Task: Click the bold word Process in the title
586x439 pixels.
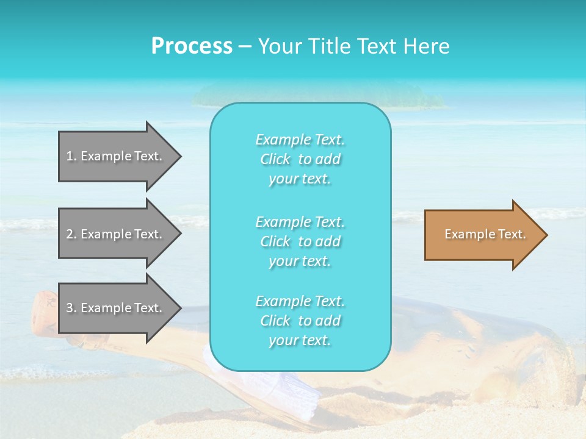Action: pyautogui.click(x=192, y=46)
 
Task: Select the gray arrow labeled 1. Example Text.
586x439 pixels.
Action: pyautogui.click(x=116, y=156)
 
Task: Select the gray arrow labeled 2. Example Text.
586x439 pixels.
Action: pyautogui.click(x=116, y=234)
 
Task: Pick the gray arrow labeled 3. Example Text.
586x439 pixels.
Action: pyautogui.click(x=116, y=308)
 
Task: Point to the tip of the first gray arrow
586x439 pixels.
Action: pyautogui.click(x=180, y=156)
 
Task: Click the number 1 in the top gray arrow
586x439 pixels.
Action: pyautogui.click(x=70, y=156)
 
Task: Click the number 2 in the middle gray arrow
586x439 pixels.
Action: pyautogui.click(x=70, y=234)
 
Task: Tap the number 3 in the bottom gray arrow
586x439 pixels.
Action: pyautogui.click(x=70, y=308)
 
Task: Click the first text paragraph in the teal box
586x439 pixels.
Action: pyautogui.click(x=300, y=159)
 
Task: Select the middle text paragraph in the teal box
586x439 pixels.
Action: pyautogui.click(x=300, y=241)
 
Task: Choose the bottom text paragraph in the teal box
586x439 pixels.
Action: pyautogui.click(x=300, y=321)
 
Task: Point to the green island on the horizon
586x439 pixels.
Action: pyautogui.click(x=317, y=95)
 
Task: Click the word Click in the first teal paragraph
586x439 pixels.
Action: pyautogui.click(x=275, y=160)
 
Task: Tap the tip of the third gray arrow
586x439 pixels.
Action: pyautogui.click(x=180, y=308)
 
